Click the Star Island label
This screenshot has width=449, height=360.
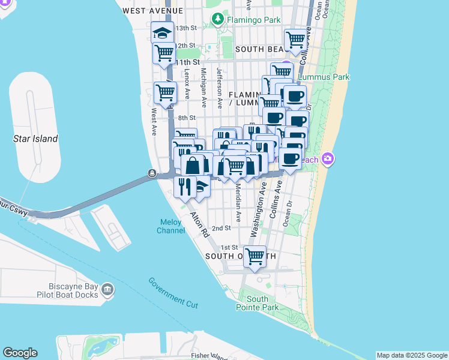[35, 139]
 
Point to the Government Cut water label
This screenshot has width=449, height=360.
[173, 293]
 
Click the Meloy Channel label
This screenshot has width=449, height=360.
[170, 226]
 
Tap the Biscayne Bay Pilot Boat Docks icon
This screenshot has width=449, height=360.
[107, 290]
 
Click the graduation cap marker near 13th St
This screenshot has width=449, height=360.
[162, 32]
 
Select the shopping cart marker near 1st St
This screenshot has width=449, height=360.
[256, 256]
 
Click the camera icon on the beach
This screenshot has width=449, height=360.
[328, 159]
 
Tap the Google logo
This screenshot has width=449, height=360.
[20, 353]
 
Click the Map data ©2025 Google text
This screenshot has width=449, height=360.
[412, 355]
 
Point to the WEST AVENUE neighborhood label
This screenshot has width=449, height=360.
[152, 11]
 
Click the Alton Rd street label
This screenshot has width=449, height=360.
[199, 224]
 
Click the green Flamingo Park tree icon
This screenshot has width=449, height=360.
[220, 19]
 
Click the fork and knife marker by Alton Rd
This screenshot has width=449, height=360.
[185, 187]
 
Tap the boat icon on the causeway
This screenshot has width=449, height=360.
[152, 174]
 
